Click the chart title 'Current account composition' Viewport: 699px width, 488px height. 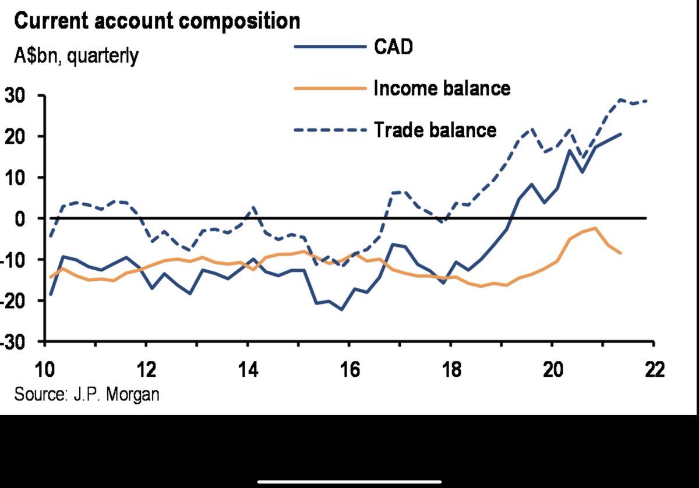point(157,22)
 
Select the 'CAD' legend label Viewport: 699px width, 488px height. point(393,47)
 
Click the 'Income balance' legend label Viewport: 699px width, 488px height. point(442,88)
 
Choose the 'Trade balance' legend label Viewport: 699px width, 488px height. point(435,129)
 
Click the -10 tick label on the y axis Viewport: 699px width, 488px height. point(14,259)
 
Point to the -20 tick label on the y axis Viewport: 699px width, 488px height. point(14,300)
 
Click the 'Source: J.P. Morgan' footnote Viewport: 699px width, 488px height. point(87,394)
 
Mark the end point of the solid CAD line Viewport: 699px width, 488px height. point(621,134)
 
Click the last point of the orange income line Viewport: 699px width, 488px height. point(621,253)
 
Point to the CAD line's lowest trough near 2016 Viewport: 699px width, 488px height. point(342,309)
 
